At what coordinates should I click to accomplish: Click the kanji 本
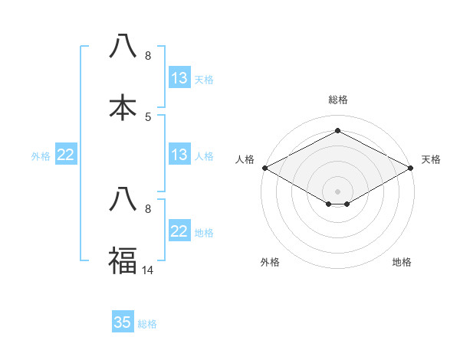coord(123,108)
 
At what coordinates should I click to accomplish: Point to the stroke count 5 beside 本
coord(148,116)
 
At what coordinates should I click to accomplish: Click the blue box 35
coord(123,322)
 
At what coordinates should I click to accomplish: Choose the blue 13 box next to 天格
coord(179,78)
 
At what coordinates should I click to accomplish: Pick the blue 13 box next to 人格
coord(179,155)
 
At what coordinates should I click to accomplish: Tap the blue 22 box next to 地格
coord(179,232)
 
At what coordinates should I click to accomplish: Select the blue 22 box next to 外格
coord(66,155)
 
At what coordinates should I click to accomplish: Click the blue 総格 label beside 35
coord(147,324)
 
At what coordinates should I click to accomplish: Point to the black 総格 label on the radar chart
coord(338,100)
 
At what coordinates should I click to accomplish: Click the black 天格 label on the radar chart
coord(431,159)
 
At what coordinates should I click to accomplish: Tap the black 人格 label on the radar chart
coord(245,159)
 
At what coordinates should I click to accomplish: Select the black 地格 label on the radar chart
coord(402,263)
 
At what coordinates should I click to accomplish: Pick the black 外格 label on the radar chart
coord(270,263)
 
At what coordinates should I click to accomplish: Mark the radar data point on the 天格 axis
coord(412,168)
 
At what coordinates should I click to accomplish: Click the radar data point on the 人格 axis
coord(264,168)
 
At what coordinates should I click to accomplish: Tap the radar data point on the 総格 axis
coord(338,131)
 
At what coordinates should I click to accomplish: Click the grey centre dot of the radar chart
coord(338,191)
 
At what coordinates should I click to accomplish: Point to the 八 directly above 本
coord(123,47)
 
